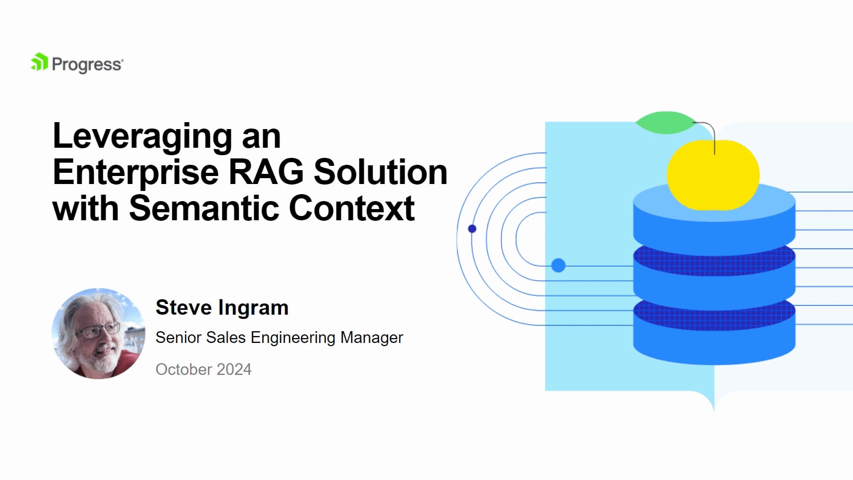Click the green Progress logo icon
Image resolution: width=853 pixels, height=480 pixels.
[39, 62]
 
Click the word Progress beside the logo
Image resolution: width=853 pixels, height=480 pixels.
[87, 65]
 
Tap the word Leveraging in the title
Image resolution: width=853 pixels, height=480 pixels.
[142, 138]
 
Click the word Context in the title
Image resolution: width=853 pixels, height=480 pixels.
[351, 208]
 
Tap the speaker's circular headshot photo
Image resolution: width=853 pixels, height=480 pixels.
[98, 334]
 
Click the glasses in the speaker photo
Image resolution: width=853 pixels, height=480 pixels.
[99, 330]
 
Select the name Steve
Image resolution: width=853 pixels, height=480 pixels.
[183, 307]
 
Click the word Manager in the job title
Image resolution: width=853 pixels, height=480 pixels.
[372, 338]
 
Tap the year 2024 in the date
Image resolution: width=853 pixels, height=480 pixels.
[234, 370]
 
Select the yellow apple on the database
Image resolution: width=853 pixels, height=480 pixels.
[713, 174]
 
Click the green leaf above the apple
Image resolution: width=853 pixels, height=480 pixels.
[666, 123]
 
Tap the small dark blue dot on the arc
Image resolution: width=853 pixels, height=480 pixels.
[472, 229]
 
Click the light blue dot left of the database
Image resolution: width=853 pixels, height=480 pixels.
[558, 265]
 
